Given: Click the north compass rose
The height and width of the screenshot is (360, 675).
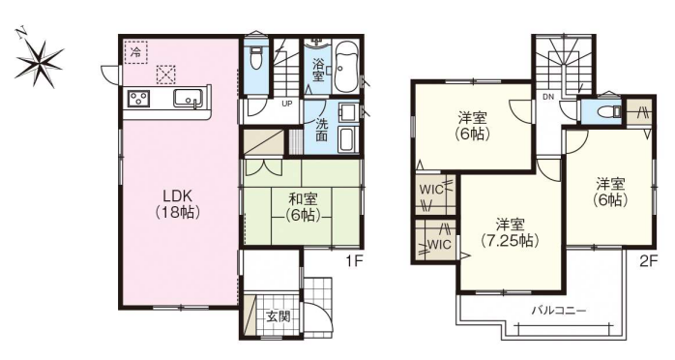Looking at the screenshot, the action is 38,61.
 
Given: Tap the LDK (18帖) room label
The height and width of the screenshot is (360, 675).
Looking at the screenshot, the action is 177,203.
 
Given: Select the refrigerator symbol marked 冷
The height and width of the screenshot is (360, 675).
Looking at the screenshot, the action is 136,52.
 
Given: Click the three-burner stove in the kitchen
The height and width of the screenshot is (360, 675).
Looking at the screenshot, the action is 138,99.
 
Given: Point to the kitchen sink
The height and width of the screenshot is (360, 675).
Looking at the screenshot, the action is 189,98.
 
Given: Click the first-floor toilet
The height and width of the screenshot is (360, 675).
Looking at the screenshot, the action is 256,59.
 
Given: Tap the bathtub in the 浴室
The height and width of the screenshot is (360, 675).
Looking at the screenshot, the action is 345,67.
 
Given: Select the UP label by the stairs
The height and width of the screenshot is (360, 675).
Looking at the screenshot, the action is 286,104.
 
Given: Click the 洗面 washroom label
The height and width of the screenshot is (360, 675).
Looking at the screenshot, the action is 322,130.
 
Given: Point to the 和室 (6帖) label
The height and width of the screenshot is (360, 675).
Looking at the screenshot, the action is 303,207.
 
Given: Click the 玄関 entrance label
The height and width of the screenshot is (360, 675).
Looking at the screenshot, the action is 278,317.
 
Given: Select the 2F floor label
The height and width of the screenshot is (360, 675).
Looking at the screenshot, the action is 649,262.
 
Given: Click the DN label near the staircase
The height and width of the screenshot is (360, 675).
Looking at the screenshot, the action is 548,98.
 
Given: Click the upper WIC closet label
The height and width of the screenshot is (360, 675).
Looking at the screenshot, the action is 431,190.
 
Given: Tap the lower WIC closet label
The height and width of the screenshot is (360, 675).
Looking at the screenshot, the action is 440,245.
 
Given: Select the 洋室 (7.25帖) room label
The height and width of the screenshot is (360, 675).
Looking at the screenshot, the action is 510,232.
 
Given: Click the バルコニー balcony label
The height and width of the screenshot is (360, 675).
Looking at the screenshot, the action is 559,310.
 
